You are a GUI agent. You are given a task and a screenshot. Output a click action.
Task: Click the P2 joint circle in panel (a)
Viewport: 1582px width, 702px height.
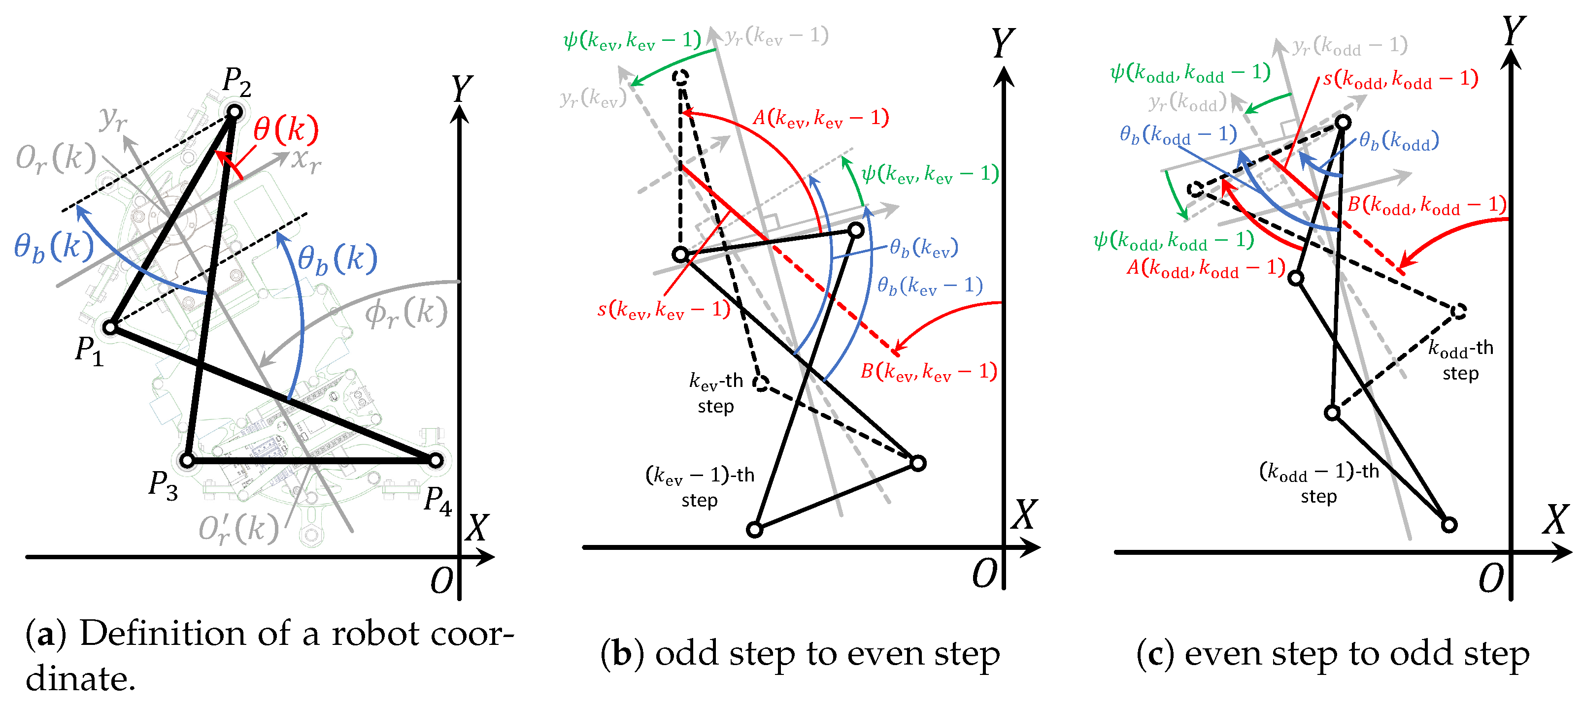click(x=235, y=112)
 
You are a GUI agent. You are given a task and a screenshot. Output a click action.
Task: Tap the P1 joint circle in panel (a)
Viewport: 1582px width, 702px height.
click(x=110, y=327)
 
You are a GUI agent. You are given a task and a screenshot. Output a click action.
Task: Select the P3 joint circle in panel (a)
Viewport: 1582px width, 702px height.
click(x=188, y=460)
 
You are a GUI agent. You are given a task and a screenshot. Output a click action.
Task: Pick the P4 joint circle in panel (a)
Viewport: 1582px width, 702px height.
click(x=436, y=460)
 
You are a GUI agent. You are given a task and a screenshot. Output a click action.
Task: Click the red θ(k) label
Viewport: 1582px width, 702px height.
click(x=286, y=129)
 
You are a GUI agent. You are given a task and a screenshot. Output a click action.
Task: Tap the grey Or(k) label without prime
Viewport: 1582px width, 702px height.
click(x=56, y=159)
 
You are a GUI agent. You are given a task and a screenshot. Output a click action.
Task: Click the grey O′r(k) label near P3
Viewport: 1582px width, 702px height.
click(x=238, y=528)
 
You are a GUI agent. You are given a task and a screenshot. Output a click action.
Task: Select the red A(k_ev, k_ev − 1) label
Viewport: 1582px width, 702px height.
click(x=820, y=117)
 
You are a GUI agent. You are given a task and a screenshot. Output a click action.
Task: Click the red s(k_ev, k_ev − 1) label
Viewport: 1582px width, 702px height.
click(x=664, y=309)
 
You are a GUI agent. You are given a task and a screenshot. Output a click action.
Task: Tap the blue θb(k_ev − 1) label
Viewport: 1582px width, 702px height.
click(x=930, y=286)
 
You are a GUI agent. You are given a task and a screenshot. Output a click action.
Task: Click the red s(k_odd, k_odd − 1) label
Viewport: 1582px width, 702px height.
click(x=1400, y=79)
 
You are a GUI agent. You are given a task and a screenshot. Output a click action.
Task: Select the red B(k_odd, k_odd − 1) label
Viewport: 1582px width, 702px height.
click(x=1426, y=204)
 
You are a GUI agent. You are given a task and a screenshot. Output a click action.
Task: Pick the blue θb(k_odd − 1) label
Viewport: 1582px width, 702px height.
click(x=1178, y=134)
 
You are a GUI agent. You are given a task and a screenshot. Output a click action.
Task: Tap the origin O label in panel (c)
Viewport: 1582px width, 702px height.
click(x=1491, y=578)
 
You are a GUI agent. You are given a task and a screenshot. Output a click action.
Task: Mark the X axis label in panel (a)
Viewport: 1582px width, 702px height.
click(x=476, y=528)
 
